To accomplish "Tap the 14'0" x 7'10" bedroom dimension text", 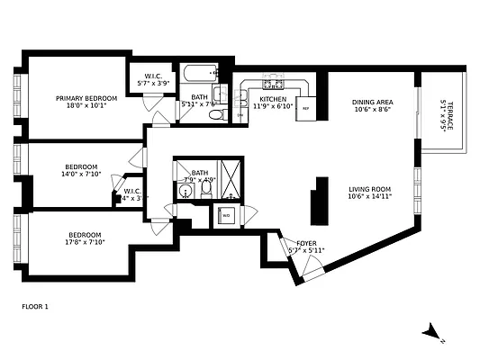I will pyautogui.click(x=81, y=175).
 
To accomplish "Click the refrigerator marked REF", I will pyautogui.click(x=306, y=107).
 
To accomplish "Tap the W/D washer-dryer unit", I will pyautogui.click(x=226, y=216).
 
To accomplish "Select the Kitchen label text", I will pyautogui.click(x=273, y=98).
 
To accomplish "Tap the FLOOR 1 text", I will pyautogui.click(x=34, y=307).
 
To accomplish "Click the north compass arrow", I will pyautogui.click(x=432, y=331).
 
